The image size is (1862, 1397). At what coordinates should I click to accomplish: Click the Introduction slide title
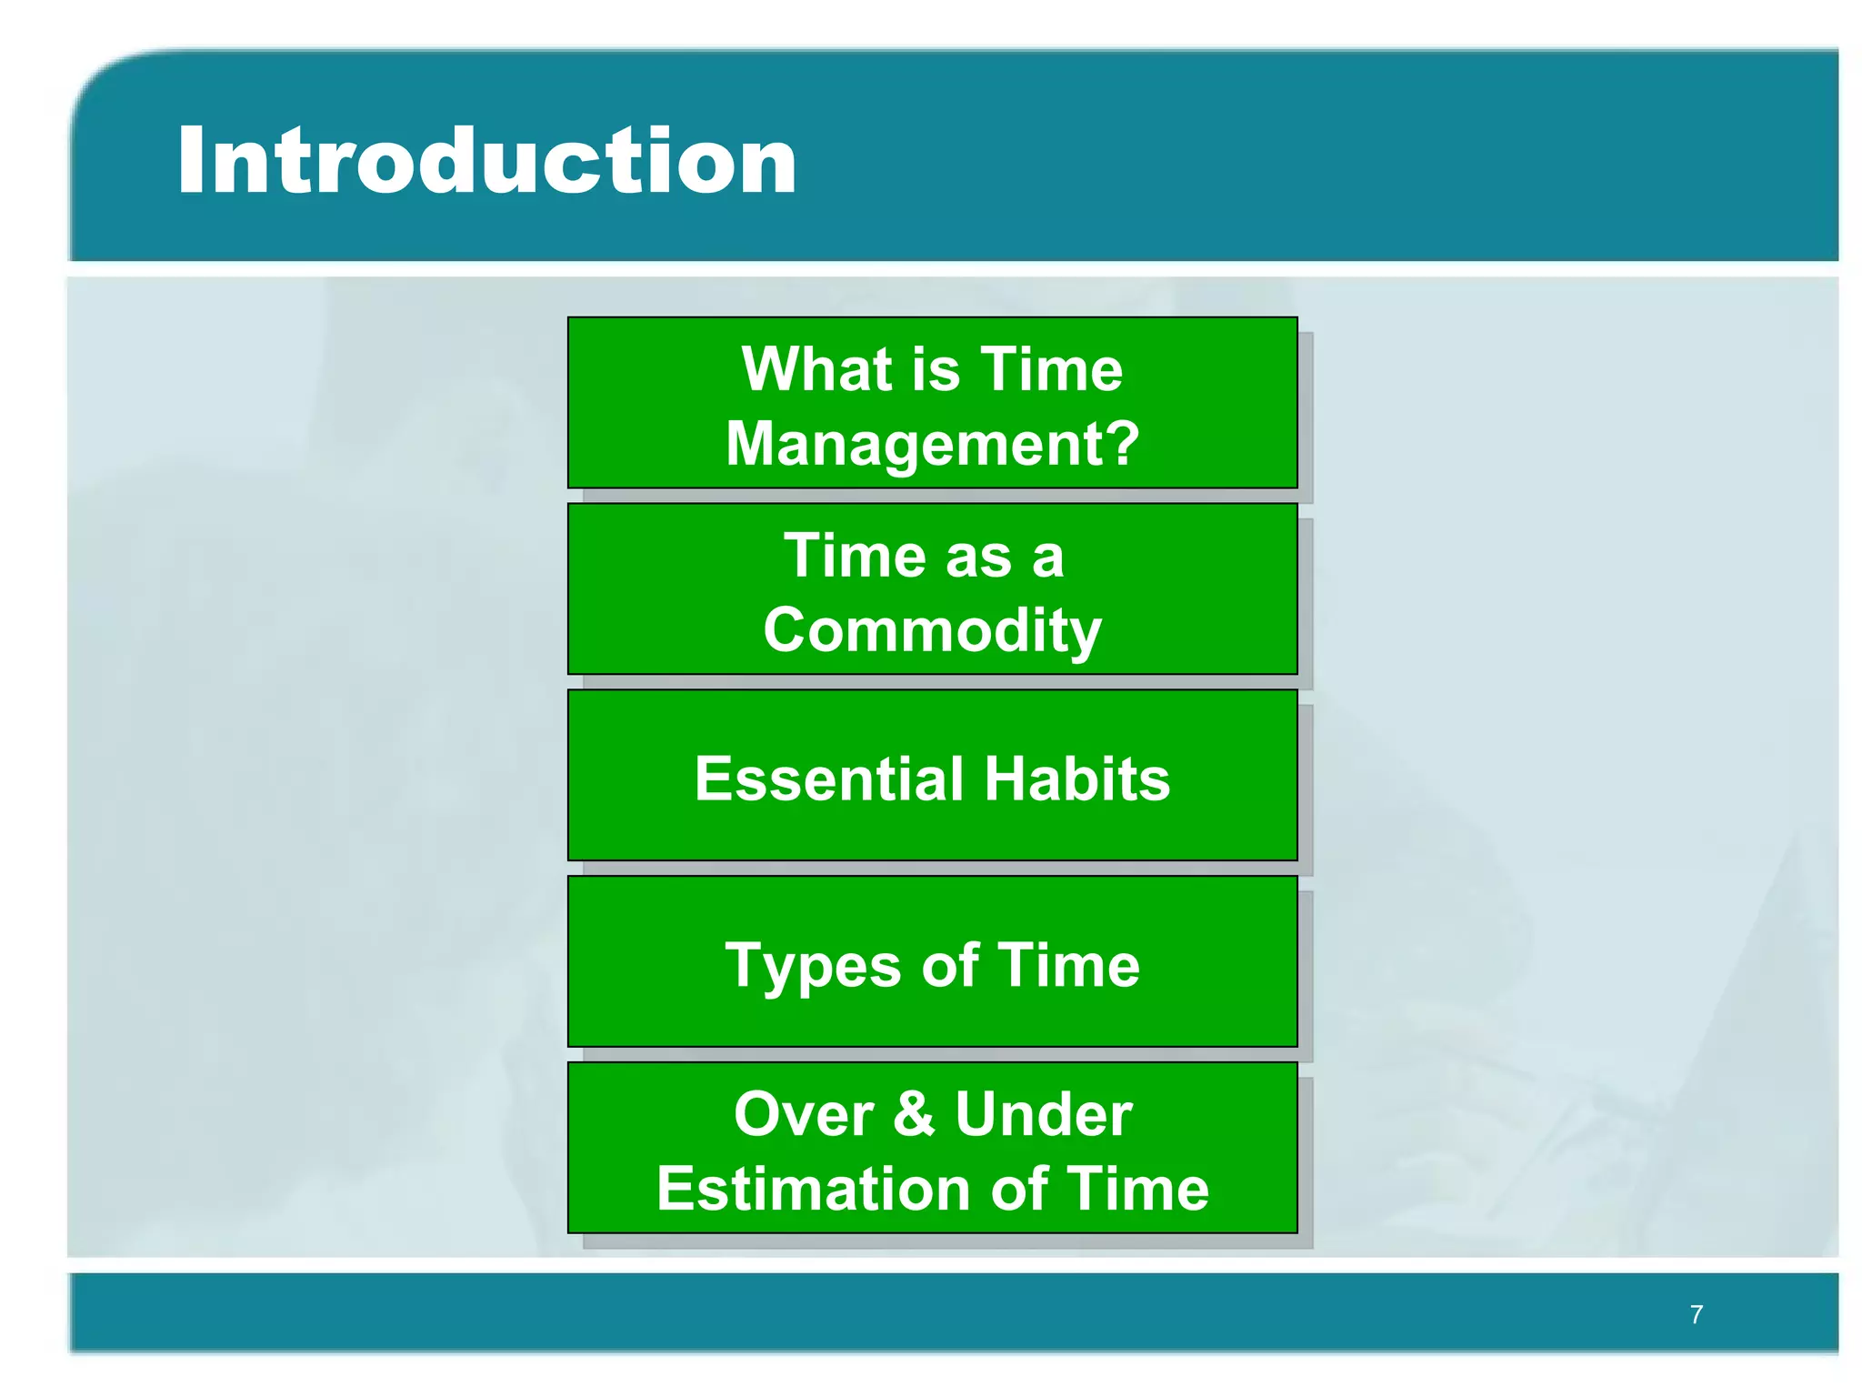pos(486,162)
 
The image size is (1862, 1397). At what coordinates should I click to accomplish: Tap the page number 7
pos(1696,1314)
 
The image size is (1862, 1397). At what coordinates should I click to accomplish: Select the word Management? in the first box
pos(932,444)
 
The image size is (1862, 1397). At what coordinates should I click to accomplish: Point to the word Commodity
pos(932,630)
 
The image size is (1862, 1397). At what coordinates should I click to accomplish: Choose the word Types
pos(815,966)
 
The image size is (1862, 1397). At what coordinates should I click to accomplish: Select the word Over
pos(804,1114)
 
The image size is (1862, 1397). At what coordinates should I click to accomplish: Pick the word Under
pos(1043,1114)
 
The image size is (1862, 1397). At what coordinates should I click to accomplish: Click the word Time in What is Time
pos(1052,369)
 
